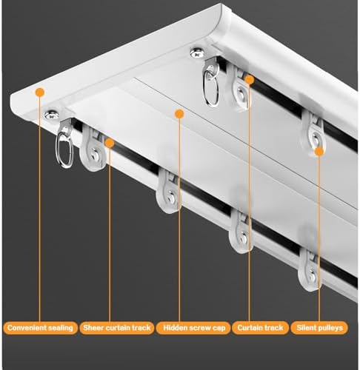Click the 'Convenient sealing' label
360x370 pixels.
click(x=40, y=326)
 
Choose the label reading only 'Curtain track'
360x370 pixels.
click(x=258, y=326)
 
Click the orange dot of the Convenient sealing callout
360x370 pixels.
click(x=40, y=92)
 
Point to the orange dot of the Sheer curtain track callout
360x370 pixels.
click(x=109, y=142)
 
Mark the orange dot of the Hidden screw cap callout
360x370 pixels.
click(x=178, y=113)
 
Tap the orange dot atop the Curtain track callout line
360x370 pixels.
click(x=250, y=78)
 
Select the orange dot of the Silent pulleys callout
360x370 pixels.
click(x=319, y=151)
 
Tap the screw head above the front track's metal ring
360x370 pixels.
click(x=52, y=114)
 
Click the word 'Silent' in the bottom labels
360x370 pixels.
click(x=306, y=326)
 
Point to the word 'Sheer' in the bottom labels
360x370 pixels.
click(x=93, y=326)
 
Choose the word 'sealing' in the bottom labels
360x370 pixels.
click(x=61, y=326)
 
